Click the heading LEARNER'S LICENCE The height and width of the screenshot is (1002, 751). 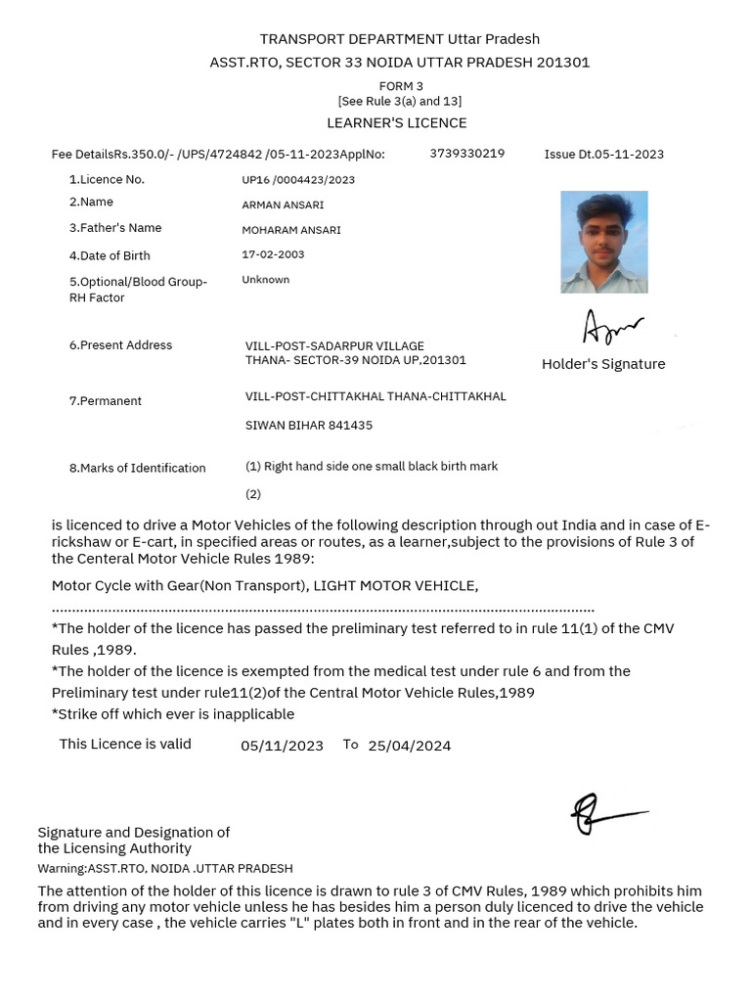(396, 122)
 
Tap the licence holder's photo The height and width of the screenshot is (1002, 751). (603, 242)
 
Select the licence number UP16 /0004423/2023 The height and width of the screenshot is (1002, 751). (298, 180)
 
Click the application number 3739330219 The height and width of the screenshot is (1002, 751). (466, 154)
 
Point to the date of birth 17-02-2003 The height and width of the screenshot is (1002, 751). (273, 254)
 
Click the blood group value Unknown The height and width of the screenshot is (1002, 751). (265, 280)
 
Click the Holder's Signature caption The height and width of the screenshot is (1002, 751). (603, 364)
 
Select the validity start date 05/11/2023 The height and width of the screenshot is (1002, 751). (282, 746)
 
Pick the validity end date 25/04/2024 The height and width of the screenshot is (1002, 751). (409, 746)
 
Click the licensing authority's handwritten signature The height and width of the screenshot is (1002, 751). (606, 813)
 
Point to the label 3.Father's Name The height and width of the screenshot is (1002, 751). (114, 228)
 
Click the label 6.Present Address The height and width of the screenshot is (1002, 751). (120, 345)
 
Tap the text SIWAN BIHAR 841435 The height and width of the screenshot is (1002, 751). (308, 426)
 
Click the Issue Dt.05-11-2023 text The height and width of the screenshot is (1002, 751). (603, 155)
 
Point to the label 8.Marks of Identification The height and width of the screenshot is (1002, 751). (137, 468)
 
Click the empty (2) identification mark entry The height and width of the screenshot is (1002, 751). (253, 494)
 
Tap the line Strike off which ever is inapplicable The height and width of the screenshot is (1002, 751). (173, 713)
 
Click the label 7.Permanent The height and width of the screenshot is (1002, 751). (105, 401)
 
